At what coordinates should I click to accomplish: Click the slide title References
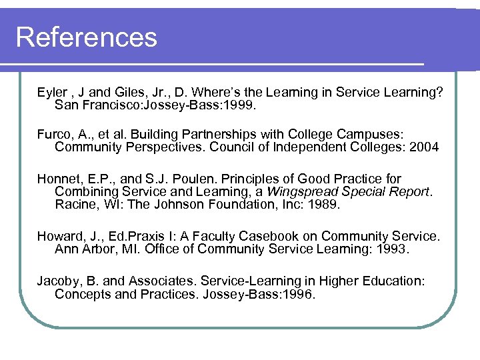(86, 37)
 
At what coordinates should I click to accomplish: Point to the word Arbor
(98, 249)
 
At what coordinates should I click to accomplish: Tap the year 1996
(297, 294)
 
